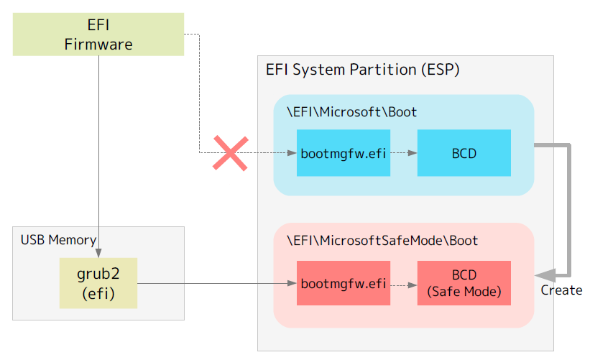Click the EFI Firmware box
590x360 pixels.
[98, 34]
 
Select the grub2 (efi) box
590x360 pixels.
[98, 283]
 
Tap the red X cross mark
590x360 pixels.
[230, 153]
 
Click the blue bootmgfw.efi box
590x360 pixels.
[344, 153]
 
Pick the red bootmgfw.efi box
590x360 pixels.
[344, 283]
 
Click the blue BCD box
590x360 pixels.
[464, 153]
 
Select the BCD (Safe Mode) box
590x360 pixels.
[464, 283]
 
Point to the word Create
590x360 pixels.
[561, 290]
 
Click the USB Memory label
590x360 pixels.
[58, 240]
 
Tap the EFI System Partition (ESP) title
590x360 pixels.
[362, 70]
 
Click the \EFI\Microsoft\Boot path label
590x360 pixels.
[351, 112]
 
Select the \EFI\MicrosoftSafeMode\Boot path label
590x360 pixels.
[382, 240]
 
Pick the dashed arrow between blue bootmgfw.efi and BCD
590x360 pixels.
[404, 153]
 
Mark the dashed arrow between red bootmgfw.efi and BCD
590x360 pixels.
[404, 283]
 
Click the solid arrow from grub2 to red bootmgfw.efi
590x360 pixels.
[216, 283]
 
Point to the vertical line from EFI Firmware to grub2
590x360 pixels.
[98, 144]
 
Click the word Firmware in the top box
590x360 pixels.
[98, 45]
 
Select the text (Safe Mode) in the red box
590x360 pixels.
[464, 292]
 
